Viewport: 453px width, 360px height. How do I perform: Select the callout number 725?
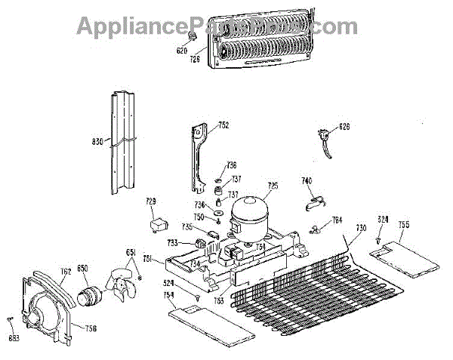coord(273,186)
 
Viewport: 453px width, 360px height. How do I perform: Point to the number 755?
coord(404,224)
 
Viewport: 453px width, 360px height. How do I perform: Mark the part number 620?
coord(181,51)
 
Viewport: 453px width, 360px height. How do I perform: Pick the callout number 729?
coord(151,202)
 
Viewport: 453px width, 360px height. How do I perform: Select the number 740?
coord(307,181)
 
